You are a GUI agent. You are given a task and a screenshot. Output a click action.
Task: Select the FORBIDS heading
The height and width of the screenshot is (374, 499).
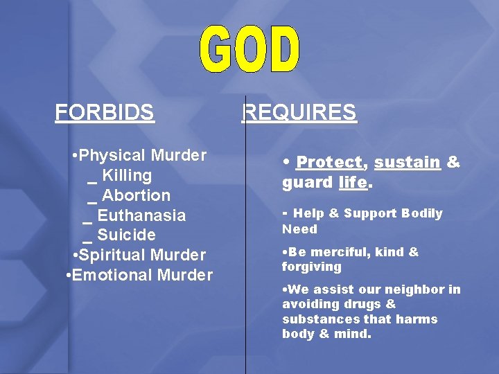[105, 112]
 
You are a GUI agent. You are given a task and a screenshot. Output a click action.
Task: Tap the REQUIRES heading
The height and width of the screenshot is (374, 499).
[299, 112]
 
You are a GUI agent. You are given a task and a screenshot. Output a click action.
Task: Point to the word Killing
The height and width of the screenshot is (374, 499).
[127, 175]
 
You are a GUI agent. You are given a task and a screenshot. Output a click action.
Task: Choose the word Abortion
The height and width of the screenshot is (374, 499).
[136, 195]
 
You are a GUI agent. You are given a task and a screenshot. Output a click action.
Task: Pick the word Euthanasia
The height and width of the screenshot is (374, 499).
[141, 215]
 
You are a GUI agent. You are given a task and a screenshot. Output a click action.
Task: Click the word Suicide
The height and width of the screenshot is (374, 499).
[126, 235]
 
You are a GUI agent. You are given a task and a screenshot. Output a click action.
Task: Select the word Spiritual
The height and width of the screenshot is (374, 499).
[114, 255]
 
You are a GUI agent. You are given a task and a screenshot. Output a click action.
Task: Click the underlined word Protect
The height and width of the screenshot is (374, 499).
[329, 162]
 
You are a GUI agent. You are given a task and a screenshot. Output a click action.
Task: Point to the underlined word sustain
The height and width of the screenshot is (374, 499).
[407, 162]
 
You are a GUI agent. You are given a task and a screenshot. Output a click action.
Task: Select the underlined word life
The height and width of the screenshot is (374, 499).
[352, 182]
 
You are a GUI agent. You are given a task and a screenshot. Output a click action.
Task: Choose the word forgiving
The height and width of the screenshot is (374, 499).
[311, 267]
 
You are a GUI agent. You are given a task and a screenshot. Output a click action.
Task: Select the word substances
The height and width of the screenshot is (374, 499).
[320, 319]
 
